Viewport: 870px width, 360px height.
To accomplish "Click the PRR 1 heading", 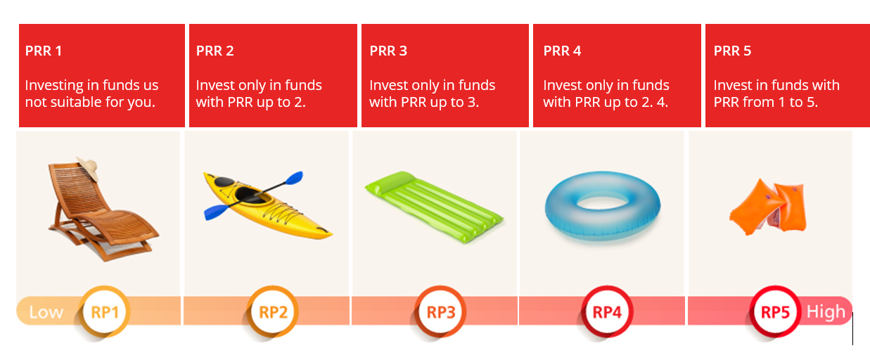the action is tap(44, 51).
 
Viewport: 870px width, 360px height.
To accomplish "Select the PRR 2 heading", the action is tap(215, 51).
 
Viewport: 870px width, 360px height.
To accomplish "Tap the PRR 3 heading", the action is tap(388, 51).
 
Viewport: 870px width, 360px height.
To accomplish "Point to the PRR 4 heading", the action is tap(562, 51).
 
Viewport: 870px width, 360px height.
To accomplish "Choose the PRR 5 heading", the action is tap(733, 51).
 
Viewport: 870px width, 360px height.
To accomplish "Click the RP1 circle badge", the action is tap(105, 312).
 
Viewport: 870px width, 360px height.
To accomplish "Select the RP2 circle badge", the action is tap(273, 312).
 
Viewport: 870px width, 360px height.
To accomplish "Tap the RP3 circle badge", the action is tap(441, 312).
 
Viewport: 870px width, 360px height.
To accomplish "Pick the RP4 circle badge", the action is tap(608, 312).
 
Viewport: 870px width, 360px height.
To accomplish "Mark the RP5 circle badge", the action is tap(775, 312).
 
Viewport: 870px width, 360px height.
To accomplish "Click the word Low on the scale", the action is tap(46, 312).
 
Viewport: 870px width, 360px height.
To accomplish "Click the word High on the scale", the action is tap(826, 312).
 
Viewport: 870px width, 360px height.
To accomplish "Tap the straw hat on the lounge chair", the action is tap(89, 168).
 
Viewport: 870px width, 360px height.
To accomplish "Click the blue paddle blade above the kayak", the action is tap(294, 179).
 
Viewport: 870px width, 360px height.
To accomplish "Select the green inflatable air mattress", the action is tap(434, 207).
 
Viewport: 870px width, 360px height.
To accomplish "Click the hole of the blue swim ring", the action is tap(603, 202).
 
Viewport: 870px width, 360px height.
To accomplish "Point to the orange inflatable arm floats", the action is tap(768, 207).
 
